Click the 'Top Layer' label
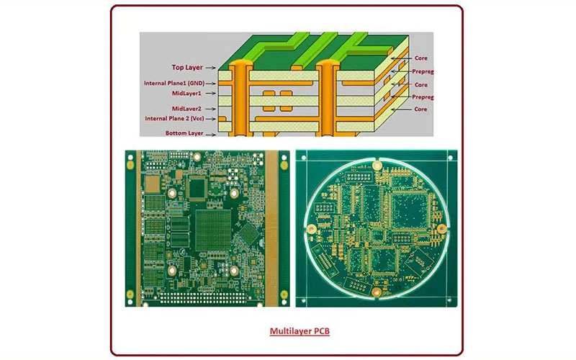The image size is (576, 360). (187, 67)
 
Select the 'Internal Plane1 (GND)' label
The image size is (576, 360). (174, 84)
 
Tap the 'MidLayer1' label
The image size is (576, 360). (186, 94)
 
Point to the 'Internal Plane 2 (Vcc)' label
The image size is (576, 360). (174, 119)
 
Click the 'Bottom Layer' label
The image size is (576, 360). (184, 133)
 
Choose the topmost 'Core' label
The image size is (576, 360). (420, 58)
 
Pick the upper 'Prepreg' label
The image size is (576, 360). (423, 71)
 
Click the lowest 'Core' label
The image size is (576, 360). (420, 109)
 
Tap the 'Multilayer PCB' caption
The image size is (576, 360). (300, 331)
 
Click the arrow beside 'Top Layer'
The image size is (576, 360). (210, 68)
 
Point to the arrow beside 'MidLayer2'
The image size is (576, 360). (210, 109)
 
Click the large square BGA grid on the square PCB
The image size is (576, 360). (213, 230)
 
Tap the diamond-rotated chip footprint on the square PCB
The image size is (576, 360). (248, 233)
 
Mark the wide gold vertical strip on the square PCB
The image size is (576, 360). (271, 228)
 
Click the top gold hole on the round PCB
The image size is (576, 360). (377, 166)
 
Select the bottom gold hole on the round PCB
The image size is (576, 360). (377, 292)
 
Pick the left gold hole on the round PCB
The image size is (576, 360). (312, 230)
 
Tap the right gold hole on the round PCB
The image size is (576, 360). (442, 229)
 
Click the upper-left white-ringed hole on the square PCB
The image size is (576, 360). (173, 193)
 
